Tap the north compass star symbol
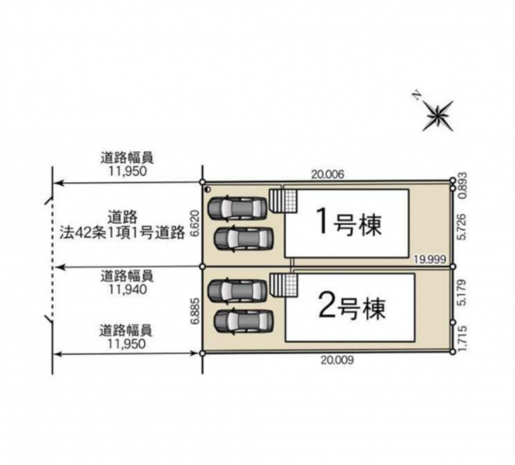click(x=437, y=115)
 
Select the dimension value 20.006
click(x=328, y=174)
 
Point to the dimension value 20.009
click(x=338, y=360)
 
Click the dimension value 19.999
click(x=429, y=260)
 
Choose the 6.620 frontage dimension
click(x=195, y=223)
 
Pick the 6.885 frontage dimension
click(x=195, y=311)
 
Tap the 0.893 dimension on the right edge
click(x=462, y=185)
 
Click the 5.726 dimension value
click(x=462, y=227)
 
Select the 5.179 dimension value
click(x=462, y=293)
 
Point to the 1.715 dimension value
click(x=462, y=339)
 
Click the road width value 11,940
click(x=127, y=290)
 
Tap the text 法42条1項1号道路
click(x=122, y=233)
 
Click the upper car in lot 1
click(x=238, y=208)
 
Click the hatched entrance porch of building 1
click(x=284, y=200)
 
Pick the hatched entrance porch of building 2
click(x=284, y=285)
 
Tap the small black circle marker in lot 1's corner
click(x=207, y=189)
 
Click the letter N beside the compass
click(x=417, y=95)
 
